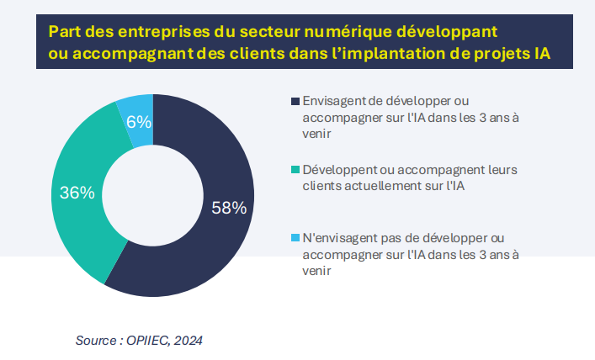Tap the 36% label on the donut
point(77,192)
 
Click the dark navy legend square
point(295,102)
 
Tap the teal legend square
point(295,171)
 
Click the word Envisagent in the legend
point(333,101)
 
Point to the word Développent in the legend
point(337,170)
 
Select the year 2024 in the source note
point(189,341)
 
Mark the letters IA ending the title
point(542,54)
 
